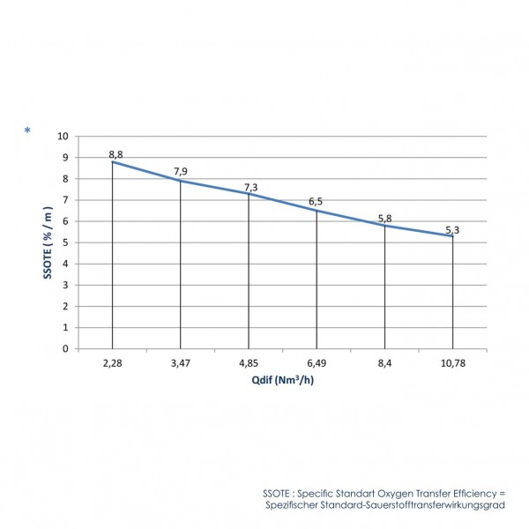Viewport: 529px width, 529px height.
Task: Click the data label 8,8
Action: [x=115, y=155]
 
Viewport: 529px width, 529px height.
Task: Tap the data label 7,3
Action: [x=250, y=187]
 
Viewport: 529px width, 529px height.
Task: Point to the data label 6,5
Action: [x=316, y=203]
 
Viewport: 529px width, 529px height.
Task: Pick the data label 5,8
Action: [x=385, y=218]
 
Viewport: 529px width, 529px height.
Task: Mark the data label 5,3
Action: [x=453, y=229]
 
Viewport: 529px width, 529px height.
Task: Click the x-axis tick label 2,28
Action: [x=113, y=362]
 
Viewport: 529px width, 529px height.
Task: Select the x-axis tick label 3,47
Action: [x=181, y=362]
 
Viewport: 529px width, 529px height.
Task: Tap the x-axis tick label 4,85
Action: [x=249, y=362]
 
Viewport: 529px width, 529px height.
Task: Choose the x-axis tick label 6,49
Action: [x=317, y=362]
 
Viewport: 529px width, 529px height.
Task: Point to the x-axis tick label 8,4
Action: [x=384, y=362]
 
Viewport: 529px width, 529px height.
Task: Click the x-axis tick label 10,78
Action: [x=452, y=362]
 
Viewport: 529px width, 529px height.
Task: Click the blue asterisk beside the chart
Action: [x=28, y=132]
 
